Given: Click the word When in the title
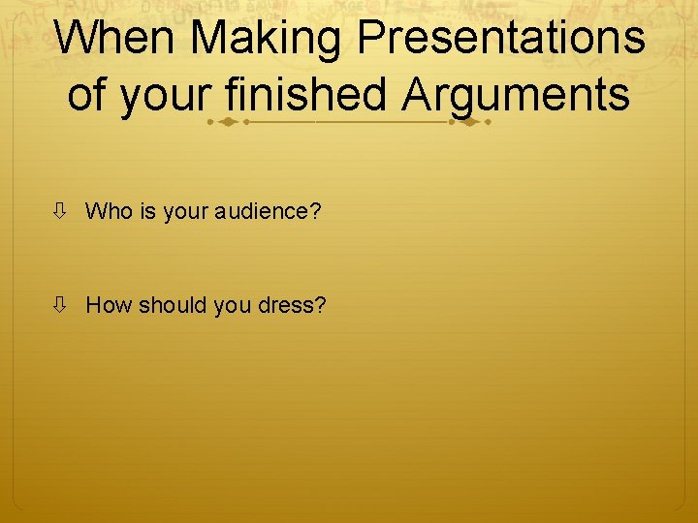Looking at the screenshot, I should click(115, 39).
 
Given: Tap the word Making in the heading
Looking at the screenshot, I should click(269, 39).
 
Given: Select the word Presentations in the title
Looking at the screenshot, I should click(501, 39).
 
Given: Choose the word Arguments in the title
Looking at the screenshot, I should click(517, 96).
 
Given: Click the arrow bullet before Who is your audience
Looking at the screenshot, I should click(60, 211).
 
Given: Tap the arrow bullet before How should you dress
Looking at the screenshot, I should click(60, 306).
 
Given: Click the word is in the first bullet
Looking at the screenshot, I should click(147, 211).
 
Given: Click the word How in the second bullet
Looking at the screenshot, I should click(109, 306).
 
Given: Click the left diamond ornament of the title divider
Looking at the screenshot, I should click(225, 124).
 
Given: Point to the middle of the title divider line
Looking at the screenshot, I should click(348, 124).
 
